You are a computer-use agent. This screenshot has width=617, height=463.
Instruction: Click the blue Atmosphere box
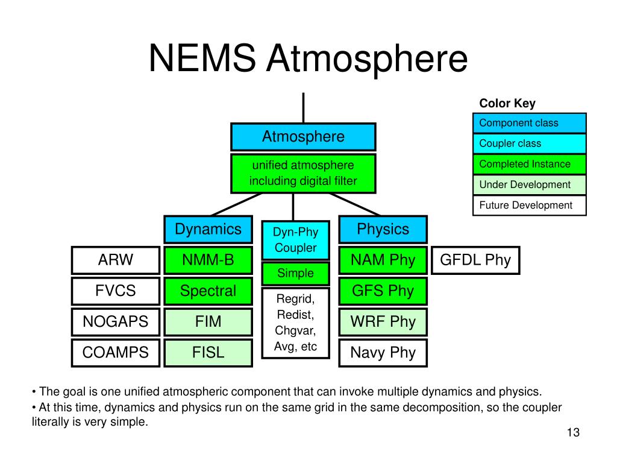click(x=303, y=137)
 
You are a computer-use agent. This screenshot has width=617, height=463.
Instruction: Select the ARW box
click(x=116, y=260)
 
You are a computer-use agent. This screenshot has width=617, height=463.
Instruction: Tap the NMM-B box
click(x=208, y=260)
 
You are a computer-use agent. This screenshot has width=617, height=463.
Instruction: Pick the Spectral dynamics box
click(x=208, y=291)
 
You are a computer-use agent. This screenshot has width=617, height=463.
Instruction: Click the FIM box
click(x=208, y=322)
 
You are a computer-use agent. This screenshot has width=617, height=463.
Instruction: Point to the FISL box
click(x=208, y=353)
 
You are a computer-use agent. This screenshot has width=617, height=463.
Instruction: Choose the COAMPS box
click(x=116, y=353)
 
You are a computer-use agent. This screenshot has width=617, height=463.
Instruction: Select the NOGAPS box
click(x=116, y=322)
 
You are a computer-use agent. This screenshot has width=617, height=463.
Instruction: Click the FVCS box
click(x=116, y=291)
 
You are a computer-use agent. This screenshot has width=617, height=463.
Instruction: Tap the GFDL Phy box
click(x=475, y=260)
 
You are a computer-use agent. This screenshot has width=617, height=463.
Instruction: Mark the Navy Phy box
click(x=383, y=353)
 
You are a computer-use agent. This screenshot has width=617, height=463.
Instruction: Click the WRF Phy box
click(x=383, y=322)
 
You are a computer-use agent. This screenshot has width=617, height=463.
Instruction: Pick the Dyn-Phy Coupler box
click(x=295, y=240)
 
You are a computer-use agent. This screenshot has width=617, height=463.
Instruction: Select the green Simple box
click(x=295, y=273)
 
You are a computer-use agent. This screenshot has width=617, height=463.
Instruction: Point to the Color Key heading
click(x=507, y=104)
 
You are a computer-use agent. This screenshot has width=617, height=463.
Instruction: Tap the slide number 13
click(x=572, y=433)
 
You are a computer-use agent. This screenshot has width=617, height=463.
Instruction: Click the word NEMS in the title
click(x=203, y=59)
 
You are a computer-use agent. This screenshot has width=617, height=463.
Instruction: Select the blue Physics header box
click(x=383, y=229)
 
